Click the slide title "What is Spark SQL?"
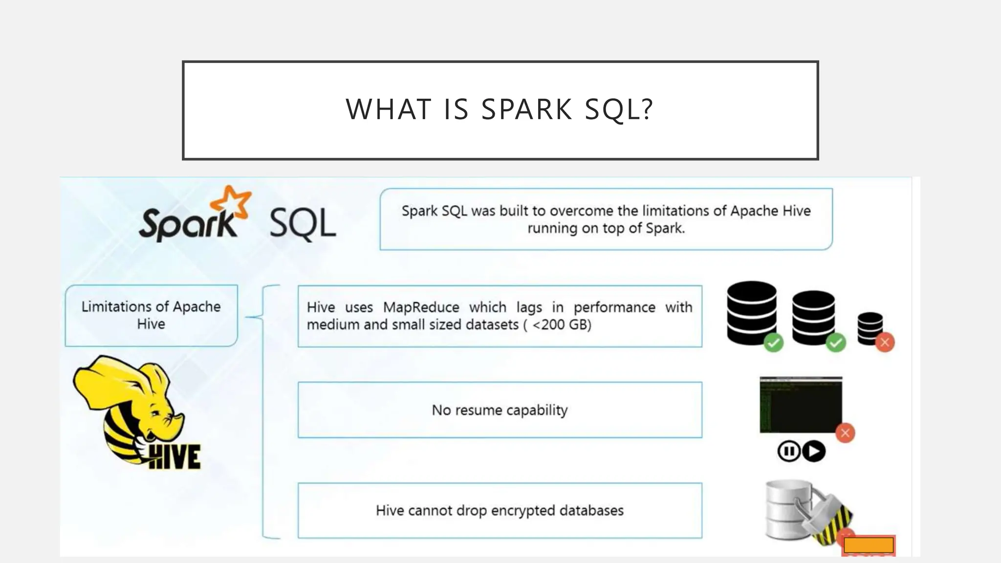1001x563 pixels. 500,109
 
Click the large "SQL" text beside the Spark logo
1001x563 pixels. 303,223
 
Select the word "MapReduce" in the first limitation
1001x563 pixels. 421,307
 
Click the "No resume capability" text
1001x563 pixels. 500,410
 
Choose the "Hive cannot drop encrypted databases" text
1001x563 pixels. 500,511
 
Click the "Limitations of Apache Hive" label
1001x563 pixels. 151,315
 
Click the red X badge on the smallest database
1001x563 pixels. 885,342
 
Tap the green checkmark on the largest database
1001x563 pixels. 773,343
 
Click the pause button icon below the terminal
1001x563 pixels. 788,451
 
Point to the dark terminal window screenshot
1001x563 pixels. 801,404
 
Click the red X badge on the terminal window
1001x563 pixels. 845,433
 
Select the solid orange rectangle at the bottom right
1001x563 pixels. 869,544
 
